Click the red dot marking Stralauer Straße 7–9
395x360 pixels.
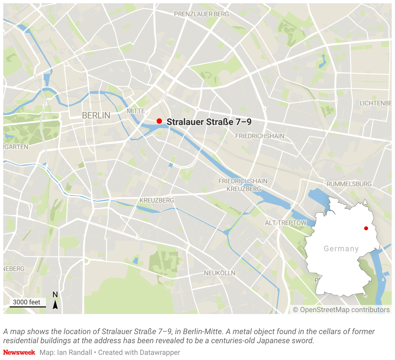coord(159,121)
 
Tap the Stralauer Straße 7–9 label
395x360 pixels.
coord(209,122)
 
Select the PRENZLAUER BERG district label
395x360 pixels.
coord(201,14)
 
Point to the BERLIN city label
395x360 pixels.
coord(96,115)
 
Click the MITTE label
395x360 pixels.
coord(136,111)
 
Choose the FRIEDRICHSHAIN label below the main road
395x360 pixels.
coord(260,136)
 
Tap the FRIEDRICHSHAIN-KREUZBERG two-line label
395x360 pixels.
coord(244,185)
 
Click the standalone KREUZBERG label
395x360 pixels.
coord(157,200)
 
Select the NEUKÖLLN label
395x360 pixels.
coord(220,273)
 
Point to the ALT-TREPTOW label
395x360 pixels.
coord(285,223)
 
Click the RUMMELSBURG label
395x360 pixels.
coord(349,184)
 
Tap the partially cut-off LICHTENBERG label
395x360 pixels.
coord(376,103)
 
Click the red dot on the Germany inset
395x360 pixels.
coord(366,228)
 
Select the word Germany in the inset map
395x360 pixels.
coord(341,249)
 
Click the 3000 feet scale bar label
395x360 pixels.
coord(27,302)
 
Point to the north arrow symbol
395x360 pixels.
coord(55,304)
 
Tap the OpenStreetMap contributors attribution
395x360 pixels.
coord(341,310)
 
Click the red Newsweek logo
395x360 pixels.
coord(19,352)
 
